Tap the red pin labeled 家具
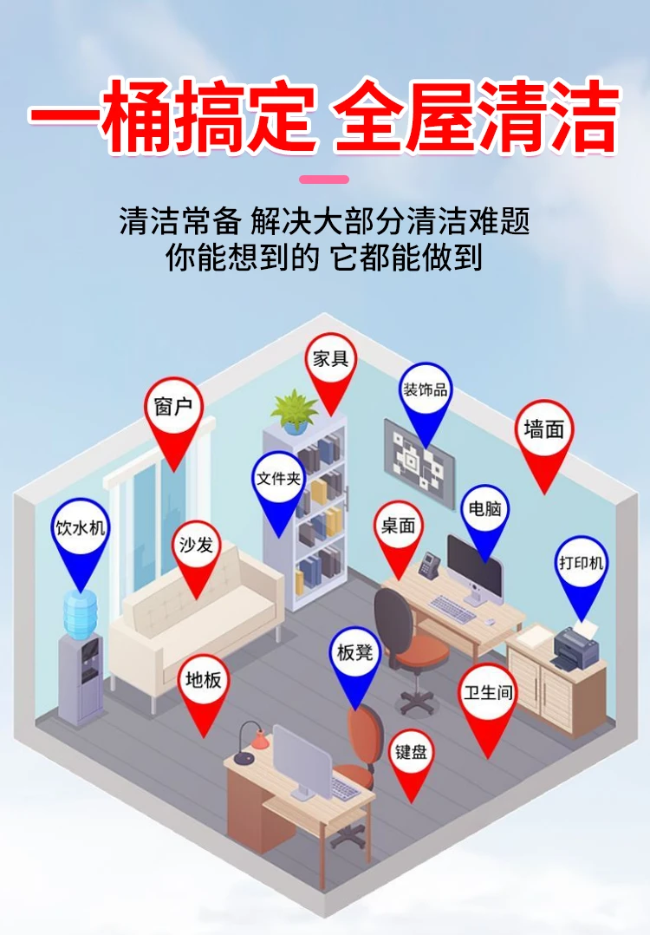point(330,358)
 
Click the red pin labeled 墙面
point(544,429)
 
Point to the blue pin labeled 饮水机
point(80,527)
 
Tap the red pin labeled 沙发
point(196,546)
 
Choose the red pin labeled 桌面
point(399,526)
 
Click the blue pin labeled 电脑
point(485,510)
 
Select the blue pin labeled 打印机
point(581,564)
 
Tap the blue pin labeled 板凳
point(355,652)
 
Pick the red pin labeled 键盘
point(412,752)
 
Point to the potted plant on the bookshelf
point(295,410)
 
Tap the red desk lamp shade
point(258,740)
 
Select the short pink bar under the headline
point(324,180)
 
